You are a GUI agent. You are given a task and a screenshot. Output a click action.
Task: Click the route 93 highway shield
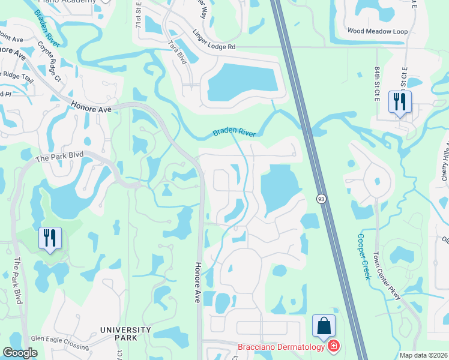click(321, 198)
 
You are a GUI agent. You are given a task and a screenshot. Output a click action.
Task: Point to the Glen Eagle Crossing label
click(59, 338)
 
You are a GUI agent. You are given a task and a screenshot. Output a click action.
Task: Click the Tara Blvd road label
click(178, 52)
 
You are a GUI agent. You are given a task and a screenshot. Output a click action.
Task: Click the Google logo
click(20, 353)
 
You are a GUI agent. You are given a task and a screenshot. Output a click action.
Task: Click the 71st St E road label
click(139, 14)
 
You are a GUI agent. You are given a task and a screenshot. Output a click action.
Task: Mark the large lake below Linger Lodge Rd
click(243, 82)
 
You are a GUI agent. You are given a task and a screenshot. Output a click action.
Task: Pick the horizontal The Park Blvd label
click(59, 158)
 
